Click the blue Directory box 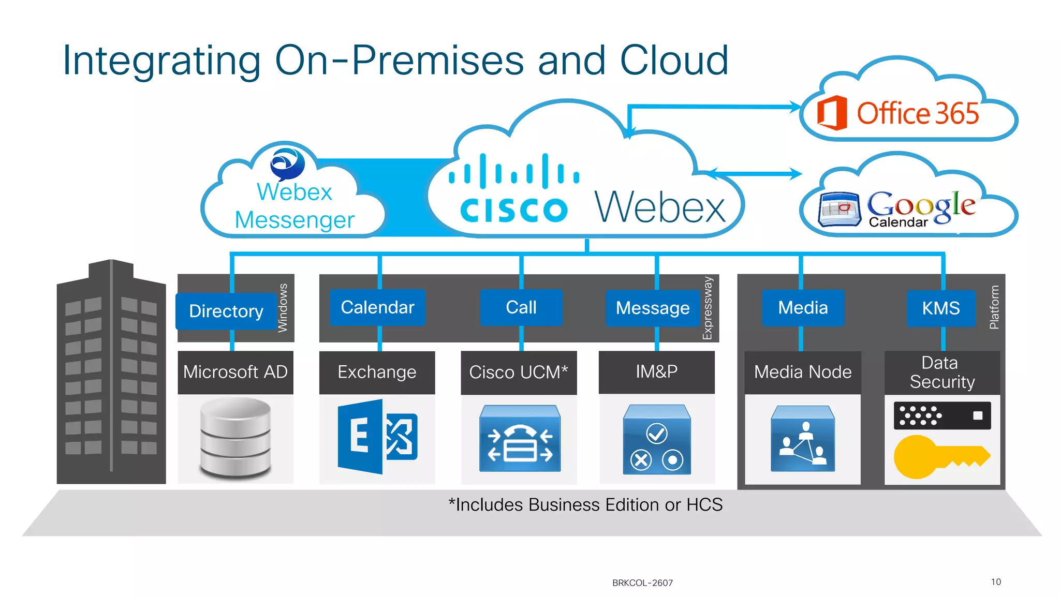tap(226, 311)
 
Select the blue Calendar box tap(377, 307)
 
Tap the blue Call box tap(521, 307)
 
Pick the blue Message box tap(652, 308)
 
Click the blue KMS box tap(940, 308)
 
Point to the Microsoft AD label tap(235, 372)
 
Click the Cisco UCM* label tap(518, 373)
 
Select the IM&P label tap(656, 371)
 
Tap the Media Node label tap(802, 372)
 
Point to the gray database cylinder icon tap(235, 437)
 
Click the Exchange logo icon tap(377, 437)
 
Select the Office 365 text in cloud tap(918, 113)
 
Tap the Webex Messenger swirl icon tap(287, 163)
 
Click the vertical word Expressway tap(708, 308)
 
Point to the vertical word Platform tap(994, 307)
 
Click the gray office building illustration tap(111, 373)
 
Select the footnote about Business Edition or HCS tap(585, 504)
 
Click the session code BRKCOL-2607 tap(642, 583)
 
